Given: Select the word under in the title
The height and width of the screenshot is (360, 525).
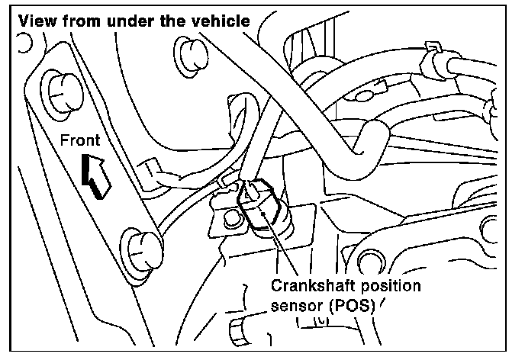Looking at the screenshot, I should tap(135, 21).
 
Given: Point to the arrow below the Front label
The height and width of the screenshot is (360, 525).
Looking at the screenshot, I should tap(96, 175).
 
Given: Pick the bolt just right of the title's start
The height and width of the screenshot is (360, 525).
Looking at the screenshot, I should tap(188, 55).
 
